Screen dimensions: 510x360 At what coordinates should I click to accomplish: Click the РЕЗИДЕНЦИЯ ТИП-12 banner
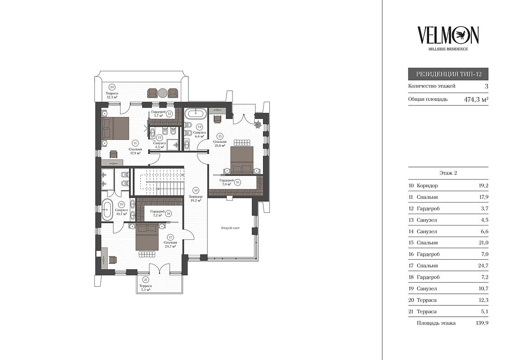[x=448, y=74]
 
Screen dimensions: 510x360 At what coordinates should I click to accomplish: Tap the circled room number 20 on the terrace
[x=112, y=87]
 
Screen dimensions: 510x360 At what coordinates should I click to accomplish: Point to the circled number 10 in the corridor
[x=196, y=190]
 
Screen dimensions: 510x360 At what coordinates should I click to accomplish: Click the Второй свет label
[x=230, y=228]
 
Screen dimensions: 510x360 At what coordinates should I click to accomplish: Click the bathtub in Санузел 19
[x=107, y=210]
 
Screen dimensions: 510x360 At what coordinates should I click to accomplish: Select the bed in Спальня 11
[x=115, y=128]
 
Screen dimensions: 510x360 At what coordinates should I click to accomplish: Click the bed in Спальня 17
[x=147, y=237]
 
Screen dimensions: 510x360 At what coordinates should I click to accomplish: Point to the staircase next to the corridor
[x=159, y=182]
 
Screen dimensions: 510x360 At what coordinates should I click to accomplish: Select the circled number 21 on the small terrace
[x=145, y=280]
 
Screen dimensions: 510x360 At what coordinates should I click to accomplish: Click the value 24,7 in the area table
[x=483, y=265]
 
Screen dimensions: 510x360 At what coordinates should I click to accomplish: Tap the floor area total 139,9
[x=482, y=323]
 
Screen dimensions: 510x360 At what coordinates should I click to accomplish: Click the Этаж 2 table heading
[x=448, y=173]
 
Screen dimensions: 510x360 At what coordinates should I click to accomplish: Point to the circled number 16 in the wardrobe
[x=238, y=182]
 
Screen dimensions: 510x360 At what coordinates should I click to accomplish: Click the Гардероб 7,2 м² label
[x=157, y=213]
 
